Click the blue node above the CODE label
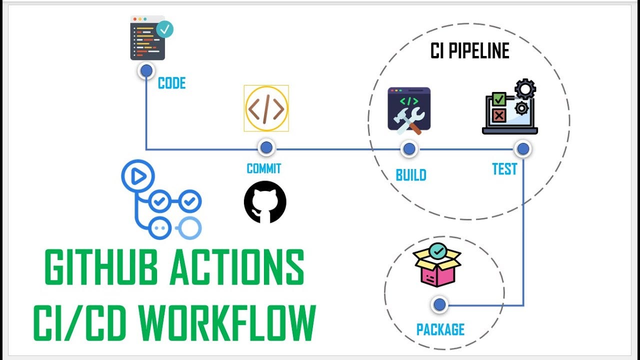(x=146, y=71)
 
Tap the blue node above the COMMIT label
(x=266, y=147)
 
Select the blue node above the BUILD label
(x=409, y=148)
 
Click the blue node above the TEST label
(x=523, y=148)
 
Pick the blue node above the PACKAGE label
(x=439, y=304)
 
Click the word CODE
(x=171, y=83)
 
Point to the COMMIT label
(x=264, y=168)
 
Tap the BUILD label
(x=411, y=175)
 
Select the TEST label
(x=504, y=169)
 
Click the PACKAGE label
(x=440, y=329)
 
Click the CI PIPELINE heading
(x=469, y=51)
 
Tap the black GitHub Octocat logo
(x=265, y=202)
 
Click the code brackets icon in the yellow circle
(x=266, y=108)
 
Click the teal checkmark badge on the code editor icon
(x=164, y=29)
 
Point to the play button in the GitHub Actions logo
(x=138, y=175)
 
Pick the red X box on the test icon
(x=498, y=115)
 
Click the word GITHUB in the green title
(x=101, y=267)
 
